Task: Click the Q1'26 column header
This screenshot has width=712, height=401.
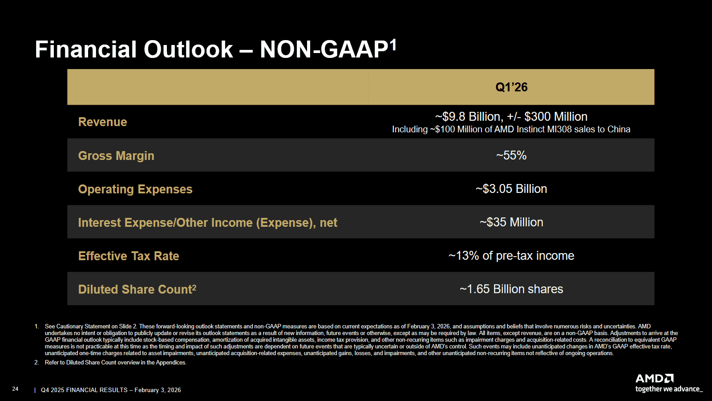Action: (511, 87)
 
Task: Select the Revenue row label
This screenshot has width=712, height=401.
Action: (102, 122)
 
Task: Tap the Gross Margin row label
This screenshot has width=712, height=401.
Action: (116, 155)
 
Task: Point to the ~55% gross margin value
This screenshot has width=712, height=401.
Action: (511, 155)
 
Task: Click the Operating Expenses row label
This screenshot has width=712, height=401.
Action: (135, 189)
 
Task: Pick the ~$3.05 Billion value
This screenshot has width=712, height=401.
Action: (511, 189)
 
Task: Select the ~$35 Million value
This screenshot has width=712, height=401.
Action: (511, 222)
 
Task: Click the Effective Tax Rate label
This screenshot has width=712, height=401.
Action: (129, 256)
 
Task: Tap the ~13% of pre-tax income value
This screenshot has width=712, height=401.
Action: (511, 256)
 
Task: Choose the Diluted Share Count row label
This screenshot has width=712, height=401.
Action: (137, 289)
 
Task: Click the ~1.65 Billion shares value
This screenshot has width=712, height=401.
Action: (511, 289)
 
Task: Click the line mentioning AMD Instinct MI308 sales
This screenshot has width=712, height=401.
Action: (511, 129)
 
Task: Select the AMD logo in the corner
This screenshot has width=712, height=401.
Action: (655, 378)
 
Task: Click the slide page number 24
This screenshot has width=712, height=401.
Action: (15, 389)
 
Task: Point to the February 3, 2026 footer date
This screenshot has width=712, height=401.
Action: (158, 390)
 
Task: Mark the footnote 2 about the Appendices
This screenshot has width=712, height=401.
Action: (115, 363)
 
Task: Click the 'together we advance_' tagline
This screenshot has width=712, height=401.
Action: (669, 389)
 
